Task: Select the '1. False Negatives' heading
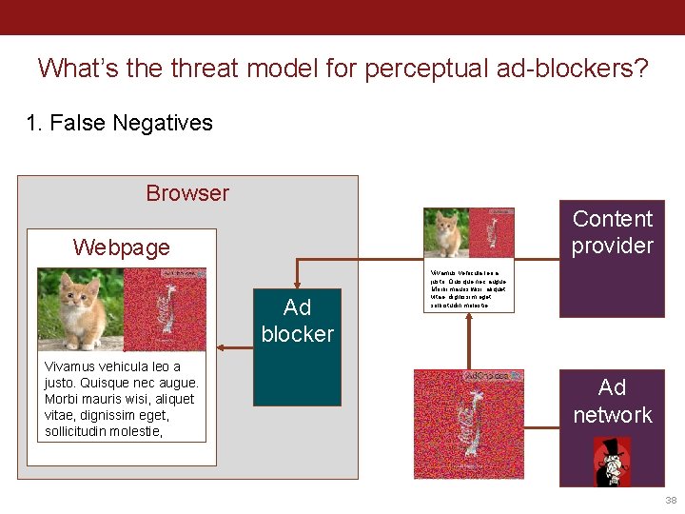coord(119,123)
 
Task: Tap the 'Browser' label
coord(187,193)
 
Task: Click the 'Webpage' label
coord(121,247)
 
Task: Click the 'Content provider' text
coord(612,232)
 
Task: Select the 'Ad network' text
coord(612,401)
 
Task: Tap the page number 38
coord(671,500)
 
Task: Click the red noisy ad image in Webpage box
coord(166,308)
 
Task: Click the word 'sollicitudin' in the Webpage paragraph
coord(84,431)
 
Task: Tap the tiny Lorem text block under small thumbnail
coord(468,288)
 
